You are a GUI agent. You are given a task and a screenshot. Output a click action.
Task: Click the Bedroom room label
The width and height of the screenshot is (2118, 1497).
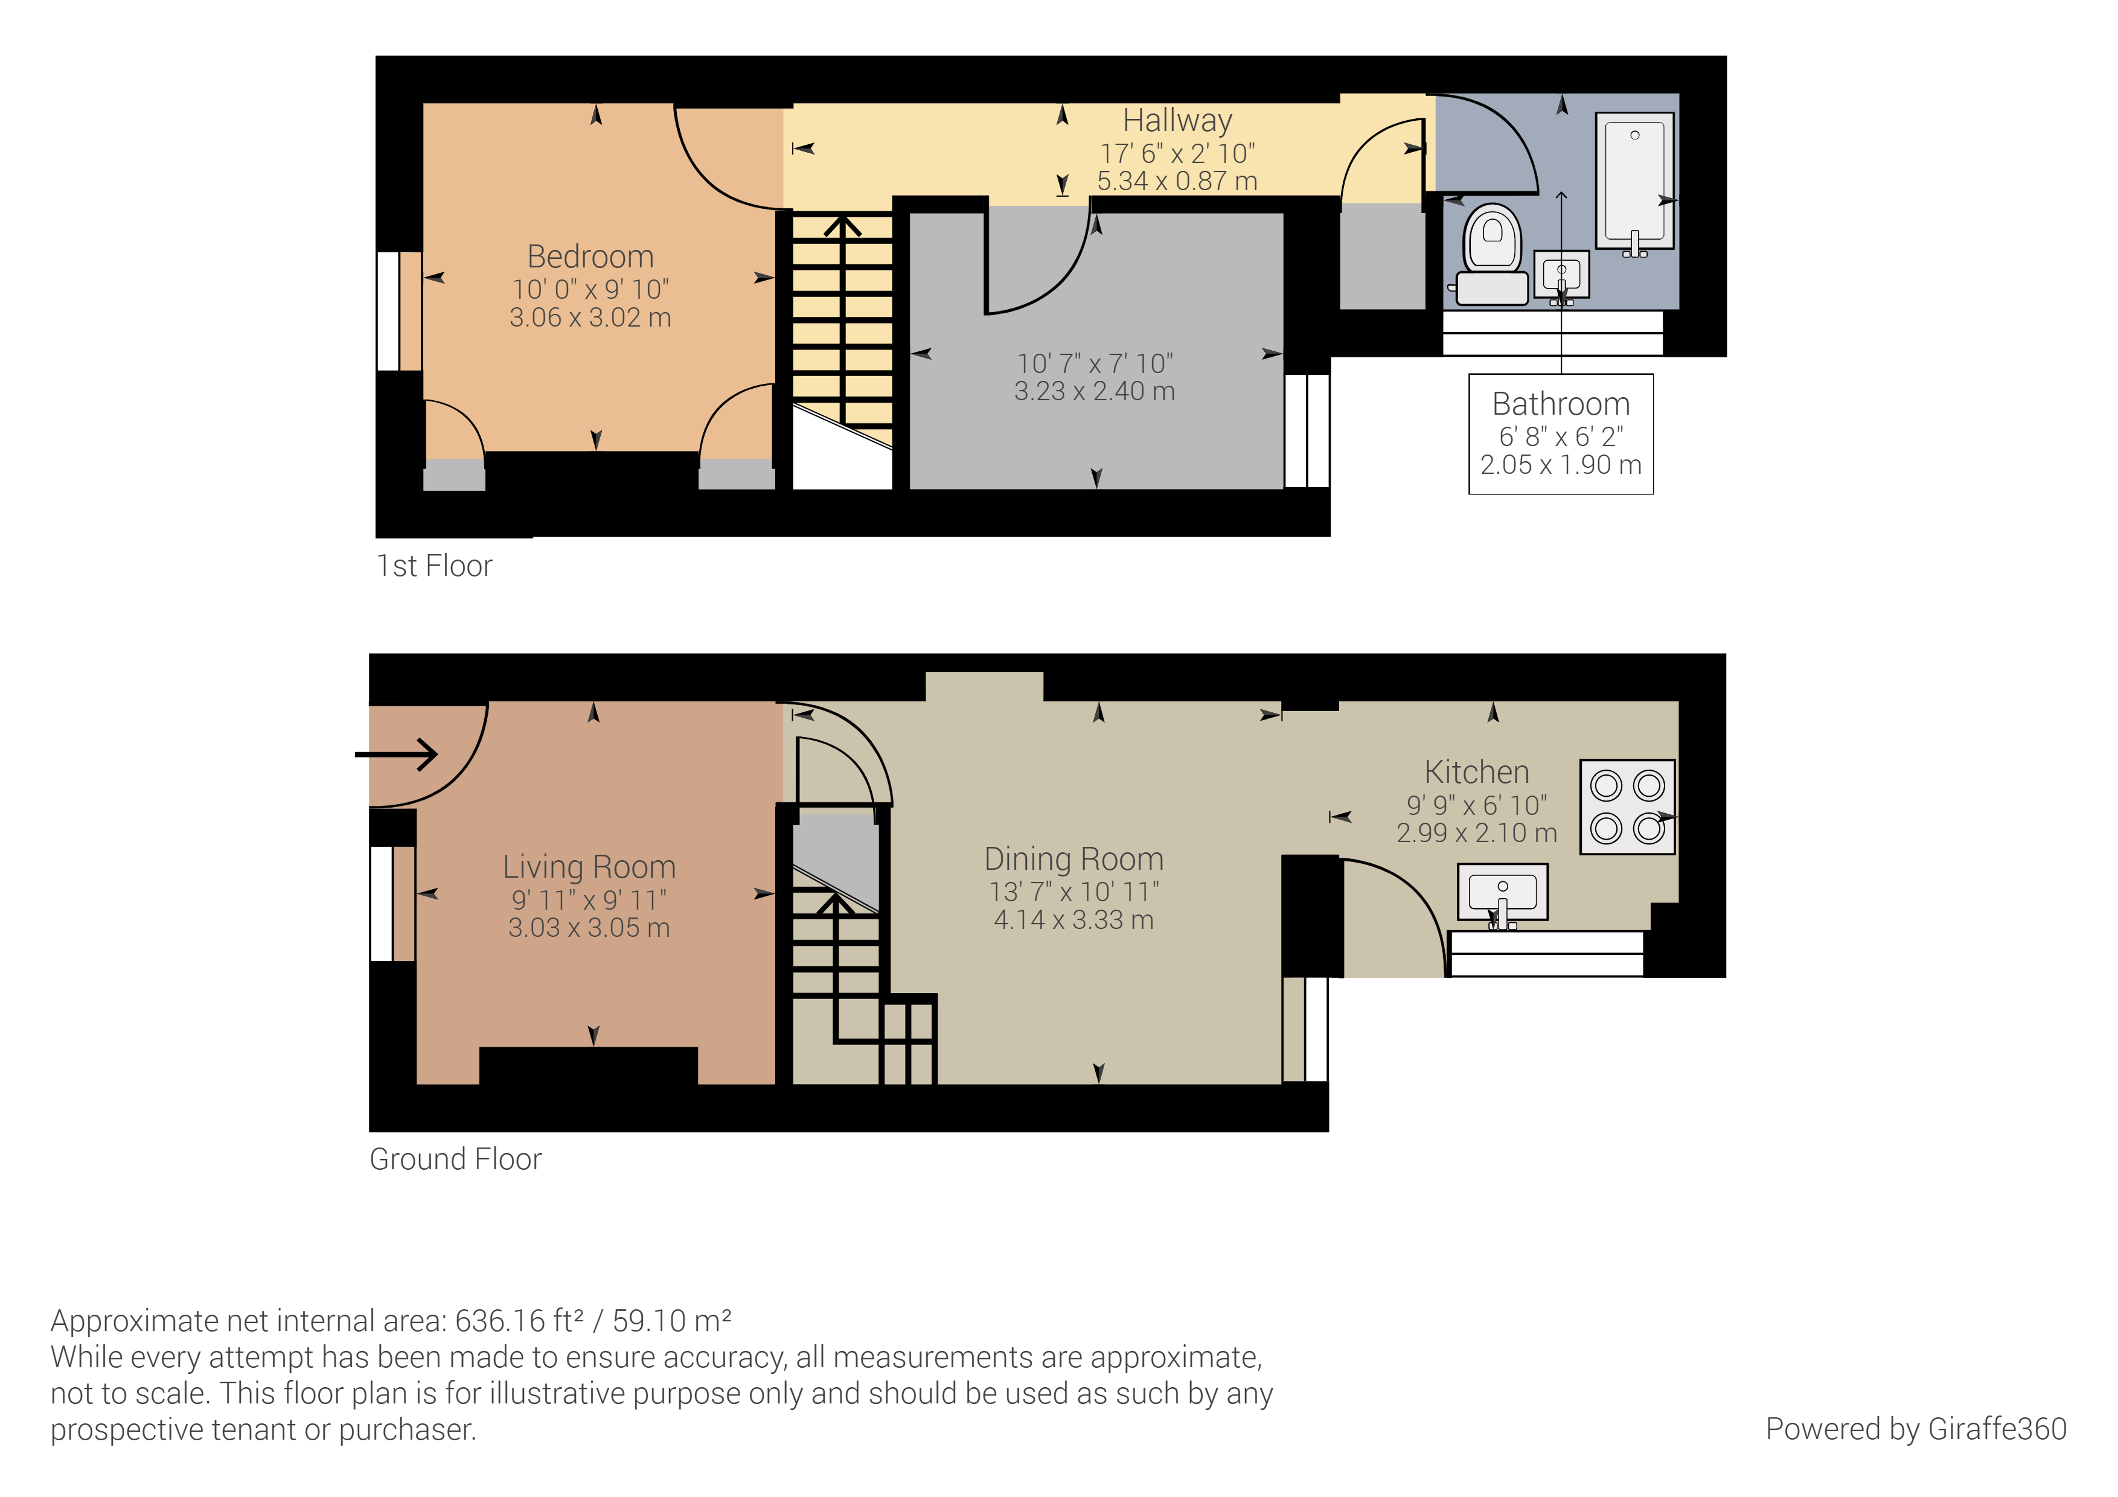click(590, 257)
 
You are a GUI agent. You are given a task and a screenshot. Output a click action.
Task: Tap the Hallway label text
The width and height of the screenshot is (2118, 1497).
click(1177, 121)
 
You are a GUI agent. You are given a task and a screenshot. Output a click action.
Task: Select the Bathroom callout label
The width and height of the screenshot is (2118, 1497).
click(1561, 404)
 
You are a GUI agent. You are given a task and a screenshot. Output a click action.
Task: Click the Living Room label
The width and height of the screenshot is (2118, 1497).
click(589, 867)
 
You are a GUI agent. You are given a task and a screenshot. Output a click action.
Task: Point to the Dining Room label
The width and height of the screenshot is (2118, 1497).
click(1073, 859)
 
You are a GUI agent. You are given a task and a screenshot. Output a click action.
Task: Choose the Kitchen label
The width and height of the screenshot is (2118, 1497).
click(1477, 772)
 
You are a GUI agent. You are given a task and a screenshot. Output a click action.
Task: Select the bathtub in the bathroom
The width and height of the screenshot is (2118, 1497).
click(1634, 180)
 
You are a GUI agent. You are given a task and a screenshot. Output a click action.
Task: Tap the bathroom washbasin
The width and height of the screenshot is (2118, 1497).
click(1561, 275)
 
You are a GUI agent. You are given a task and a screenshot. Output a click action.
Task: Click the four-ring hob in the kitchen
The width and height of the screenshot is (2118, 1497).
click(1627, 807)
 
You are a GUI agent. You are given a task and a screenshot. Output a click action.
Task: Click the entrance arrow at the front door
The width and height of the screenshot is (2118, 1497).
click(398, 755)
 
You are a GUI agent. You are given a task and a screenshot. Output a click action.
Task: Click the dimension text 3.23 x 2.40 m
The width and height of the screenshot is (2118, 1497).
click(1095, 391)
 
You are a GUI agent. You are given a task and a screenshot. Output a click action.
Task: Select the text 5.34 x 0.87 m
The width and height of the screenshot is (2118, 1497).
click(1177, 180)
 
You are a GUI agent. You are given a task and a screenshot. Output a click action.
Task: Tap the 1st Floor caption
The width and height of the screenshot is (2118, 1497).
click(435, 566)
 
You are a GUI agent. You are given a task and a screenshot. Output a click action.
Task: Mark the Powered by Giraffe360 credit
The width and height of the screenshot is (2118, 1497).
click(1916, 1429)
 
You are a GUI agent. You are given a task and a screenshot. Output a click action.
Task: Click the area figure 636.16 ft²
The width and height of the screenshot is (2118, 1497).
click(519, 1321)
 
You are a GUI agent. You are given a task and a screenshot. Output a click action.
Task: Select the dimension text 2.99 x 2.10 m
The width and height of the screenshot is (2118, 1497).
click(1477, 833)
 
